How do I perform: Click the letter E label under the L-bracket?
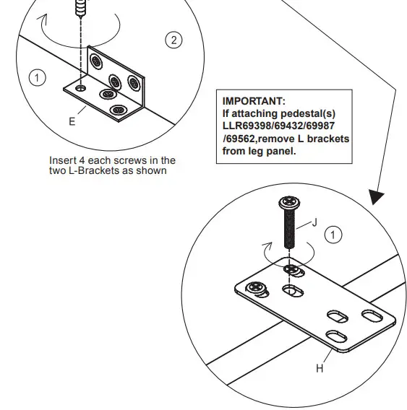tap(72, 121)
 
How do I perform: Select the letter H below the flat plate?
tap(319, 368)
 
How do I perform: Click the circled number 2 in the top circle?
tap(173, 40)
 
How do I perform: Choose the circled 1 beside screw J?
tap(333, 235)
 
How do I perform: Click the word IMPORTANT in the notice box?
tap(254, 101)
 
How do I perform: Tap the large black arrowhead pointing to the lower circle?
tap(375, 196)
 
